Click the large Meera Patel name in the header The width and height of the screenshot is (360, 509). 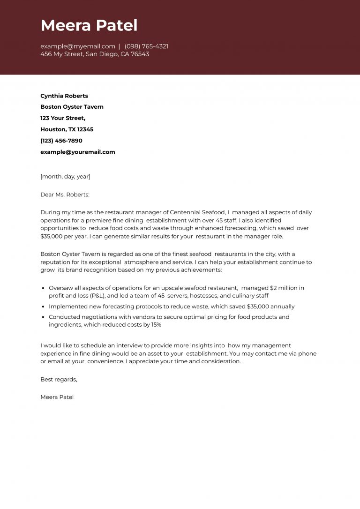89,25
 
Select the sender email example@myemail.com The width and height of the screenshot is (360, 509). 78,46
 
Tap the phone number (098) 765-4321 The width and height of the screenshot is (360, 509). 146,46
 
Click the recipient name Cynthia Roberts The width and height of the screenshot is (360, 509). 64,96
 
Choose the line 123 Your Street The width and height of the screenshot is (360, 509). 63,118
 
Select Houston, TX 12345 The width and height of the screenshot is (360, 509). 67,129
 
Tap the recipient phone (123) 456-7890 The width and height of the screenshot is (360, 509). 61,141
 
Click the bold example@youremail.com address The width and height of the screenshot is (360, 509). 78,152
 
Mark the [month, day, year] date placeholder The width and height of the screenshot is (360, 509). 65,177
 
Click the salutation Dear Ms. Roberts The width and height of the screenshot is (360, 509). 65,195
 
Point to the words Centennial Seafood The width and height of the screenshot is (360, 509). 197,212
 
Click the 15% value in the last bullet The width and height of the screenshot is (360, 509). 156,324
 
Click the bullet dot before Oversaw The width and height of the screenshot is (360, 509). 44,288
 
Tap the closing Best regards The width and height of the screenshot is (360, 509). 59,379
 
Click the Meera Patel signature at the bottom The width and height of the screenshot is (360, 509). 57,397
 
